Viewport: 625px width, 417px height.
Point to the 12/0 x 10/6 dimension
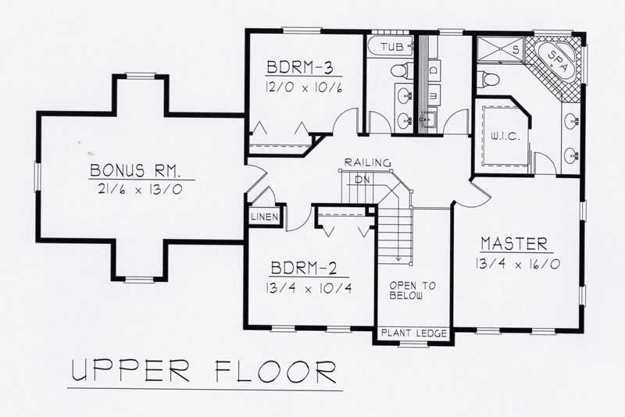[x=305, y=84]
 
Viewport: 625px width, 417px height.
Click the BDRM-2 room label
[x=303, y=270]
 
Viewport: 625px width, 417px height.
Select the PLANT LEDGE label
[x=414, y=333]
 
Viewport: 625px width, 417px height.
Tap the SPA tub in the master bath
[x=556, y=60]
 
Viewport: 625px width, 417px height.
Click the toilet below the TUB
[x=400, y=70]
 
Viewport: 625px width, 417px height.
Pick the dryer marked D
[x=434, y=71]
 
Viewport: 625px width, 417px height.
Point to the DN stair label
[x=361, y=179]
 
